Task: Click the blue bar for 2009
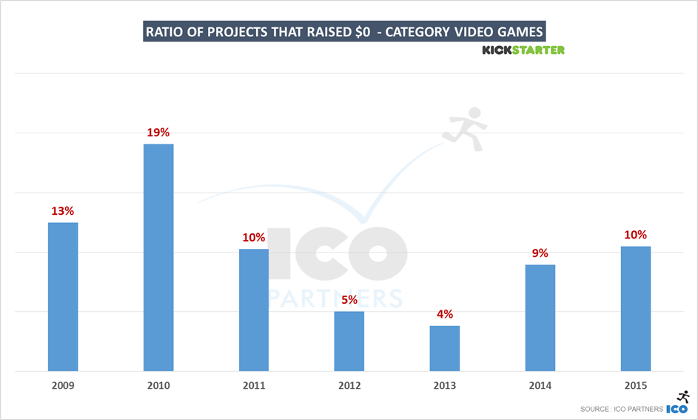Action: tap(63, 296)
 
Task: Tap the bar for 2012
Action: tap(349, 341)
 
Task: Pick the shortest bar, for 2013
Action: tap(444, 348)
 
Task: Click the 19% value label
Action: tap(158, 133)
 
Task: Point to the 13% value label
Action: tap(63, 211)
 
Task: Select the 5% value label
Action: tap(349, 300)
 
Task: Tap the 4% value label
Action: tap(444, 314)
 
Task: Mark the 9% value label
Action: tap(540, 253)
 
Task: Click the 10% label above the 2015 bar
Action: tap(635, 235)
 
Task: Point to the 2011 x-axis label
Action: tap(254, 386)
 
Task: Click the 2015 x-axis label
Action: tap(635, 386)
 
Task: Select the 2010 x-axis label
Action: tap(158, 386)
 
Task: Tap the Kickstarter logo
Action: tap(523, 50)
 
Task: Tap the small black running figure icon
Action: tap(683, 397)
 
